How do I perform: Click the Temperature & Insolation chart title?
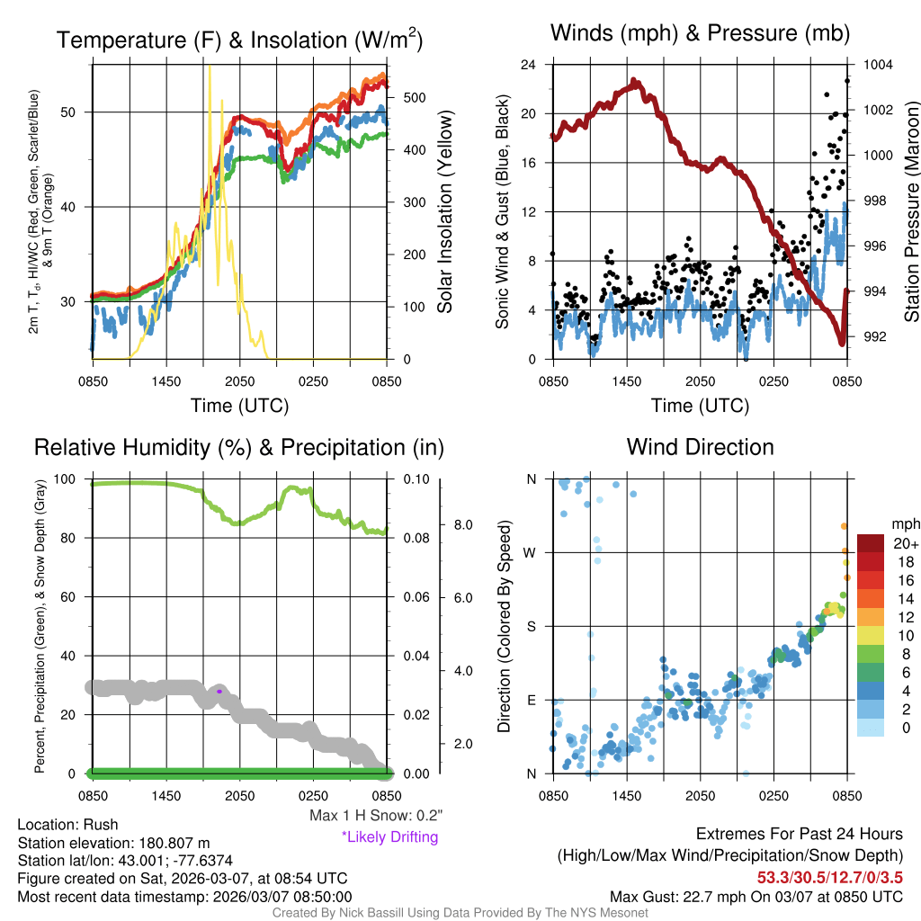tap(239, 40)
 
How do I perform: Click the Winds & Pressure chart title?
tap(700, 34)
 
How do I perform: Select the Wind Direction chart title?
tap(700, 447)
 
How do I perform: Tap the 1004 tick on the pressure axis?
tap(876, 65)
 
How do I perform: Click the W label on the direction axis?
tap(531, 552)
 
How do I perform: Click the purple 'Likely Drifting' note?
tap(389, 836)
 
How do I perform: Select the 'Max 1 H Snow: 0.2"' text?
tap(375, 816)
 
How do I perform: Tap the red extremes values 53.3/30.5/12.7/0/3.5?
tap(829, 877)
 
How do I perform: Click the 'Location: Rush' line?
tap(67, 825)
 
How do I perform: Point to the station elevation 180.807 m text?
tap(113, 843)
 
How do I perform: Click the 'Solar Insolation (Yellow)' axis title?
tap(445, 212)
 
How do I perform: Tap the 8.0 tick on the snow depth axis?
tap(462, 524)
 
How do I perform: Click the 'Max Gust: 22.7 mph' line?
tap(756, 896)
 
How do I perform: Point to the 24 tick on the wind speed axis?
tap(529, 65)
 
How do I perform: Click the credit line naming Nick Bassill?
tap(460, 913)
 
